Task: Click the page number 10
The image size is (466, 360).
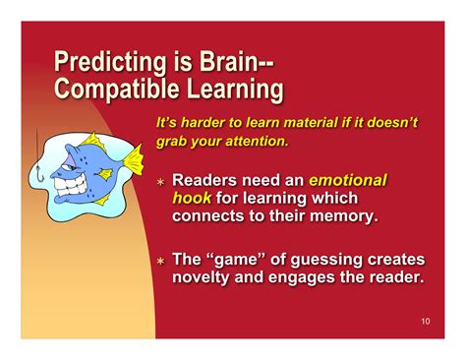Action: tap(424, 322)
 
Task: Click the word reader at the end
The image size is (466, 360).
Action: tap(391, 277)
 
